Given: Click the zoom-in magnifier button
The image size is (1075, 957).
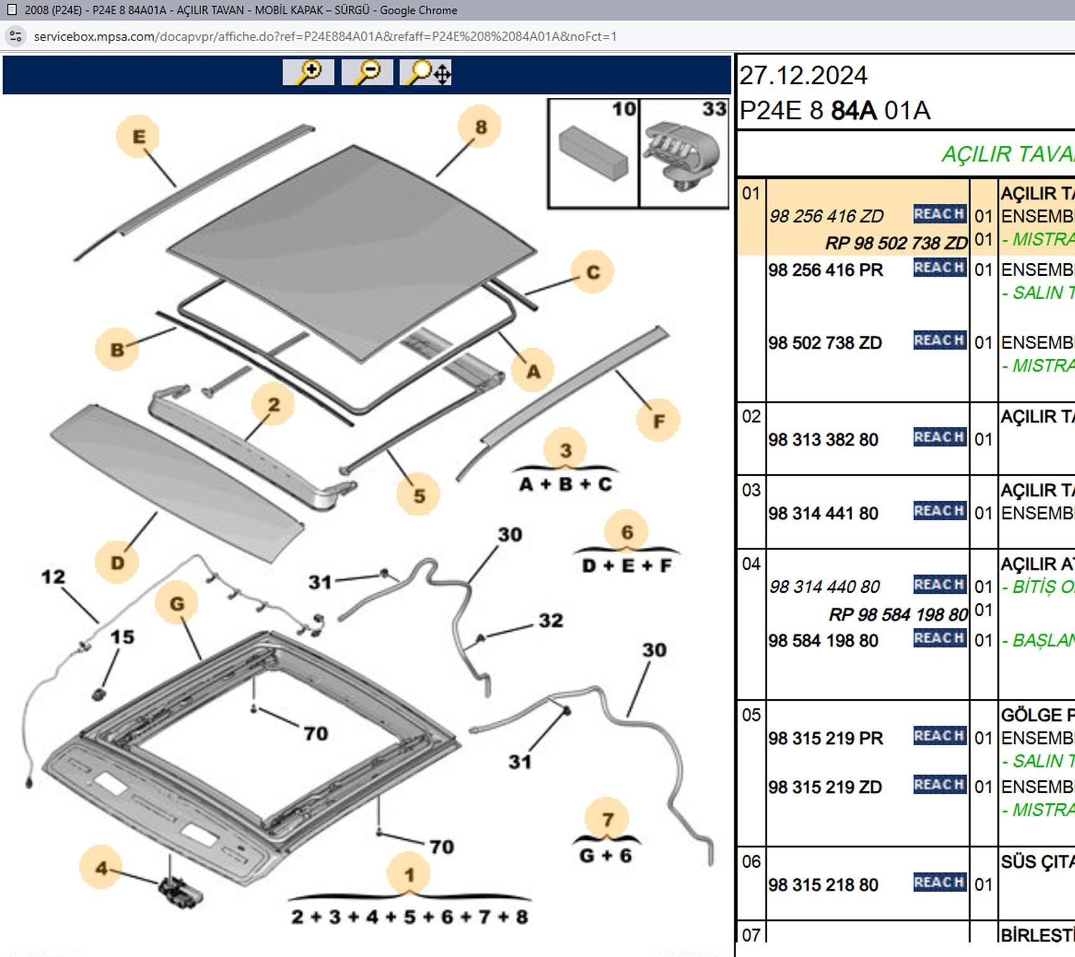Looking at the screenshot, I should pyautogui.click(x=308, y=72).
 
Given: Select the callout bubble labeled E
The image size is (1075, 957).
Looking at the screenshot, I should pyautogui.click(x=138, y=136).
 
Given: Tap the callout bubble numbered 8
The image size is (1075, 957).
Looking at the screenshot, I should pyautogui.click(x=480, y=127).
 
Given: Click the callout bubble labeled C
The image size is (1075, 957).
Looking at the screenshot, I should pyautogui.click(x=592, y=272).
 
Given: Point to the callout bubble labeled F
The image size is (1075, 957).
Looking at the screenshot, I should pyautogui.click(x=658, y=421).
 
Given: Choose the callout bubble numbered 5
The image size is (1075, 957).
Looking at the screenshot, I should pyautogui.click(x=419, y=495).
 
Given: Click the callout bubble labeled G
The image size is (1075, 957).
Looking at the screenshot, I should pyautogui.click(x=177, y=603).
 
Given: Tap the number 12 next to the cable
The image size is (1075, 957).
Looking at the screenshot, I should pyautogui.click(x=53, y=577).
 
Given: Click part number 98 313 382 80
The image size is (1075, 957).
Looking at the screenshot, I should pyautogui.click(x=823, y=440).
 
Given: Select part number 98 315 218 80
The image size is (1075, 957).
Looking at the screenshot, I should pyautogui.click(x=823, y=885).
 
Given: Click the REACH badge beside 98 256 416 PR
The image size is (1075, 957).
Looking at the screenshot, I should pyautogui.click(x=939, y=268).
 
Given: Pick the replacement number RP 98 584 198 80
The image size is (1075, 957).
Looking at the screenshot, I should pyautogui.click(x=898, y=615).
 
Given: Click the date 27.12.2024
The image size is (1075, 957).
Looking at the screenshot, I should pyautogui.click(x=803, y=76).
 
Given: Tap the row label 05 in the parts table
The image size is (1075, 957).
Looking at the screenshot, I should pyautogui.click(x=751, y=715).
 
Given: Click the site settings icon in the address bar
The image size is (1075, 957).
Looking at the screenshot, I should pyautogui.click(x=16, y=36).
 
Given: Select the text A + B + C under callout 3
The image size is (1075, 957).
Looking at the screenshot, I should pyautogui.click(x=566, y=484).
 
